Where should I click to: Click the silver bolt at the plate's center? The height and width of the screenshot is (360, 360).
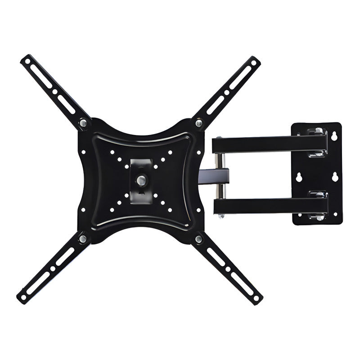pos(140,180)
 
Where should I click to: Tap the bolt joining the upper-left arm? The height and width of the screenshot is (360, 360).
pos(83,122)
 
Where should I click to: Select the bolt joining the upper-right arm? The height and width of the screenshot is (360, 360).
pos(198,122)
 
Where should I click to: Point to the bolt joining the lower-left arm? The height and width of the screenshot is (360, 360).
pos(83,238)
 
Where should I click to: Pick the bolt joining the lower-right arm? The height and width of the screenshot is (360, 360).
pos(198,238)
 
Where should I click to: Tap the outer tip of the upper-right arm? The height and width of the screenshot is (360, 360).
pos(256,60)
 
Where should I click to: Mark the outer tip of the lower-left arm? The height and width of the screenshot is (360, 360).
pos(22,298)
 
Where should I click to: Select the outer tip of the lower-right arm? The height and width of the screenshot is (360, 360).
pos(258,299)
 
